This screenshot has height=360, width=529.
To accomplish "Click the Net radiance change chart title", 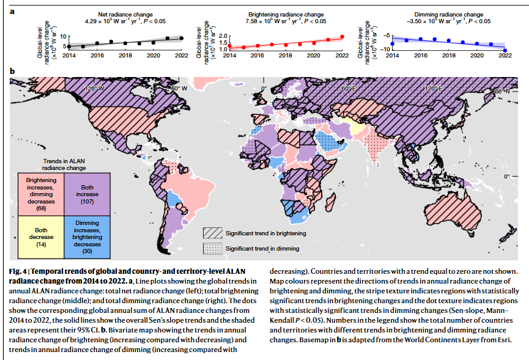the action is pyautogui.click(x=125, y=15).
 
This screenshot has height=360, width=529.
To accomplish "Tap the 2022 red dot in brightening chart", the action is pyautogui.click(x=342, y=37).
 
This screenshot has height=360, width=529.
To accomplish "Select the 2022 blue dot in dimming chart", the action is pyautogui.click(x=505, y=51).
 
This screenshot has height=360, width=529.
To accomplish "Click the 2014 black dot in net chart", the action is pyautogui.click(x=69, y=46).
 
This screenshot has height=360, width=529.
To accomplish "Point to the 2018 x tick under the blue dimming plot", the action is pyautogui.click(x=449, y=56).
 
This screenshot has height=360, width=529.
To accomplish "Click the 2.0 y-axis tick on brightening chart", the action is pyautogui.click(x=223, y=36).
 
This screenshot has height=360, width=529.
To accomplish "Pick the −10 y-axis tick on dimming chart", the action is pyautogui.click(x=385, y=50).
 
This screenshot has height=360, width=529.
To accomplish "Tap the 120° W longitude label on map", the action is pyautogui.click(x=94, y=88).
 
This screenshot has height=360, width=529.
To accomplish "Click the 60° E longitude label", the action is pyautogui.click(x=348, y=88).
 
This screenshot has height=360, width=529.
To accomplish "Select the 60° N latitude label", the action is pyautogui.click(x=502, y=91).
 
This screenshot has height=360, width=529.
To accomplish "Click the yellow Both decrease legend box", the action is pyautogui.click(x=41, y=237).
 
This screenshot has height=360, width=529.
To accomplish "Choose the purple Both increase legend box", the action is pyautogui.click(x=87, y=194).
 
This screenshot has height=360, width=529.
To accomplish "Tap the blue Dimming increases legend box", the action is pyautogui.click(x=87, y=237).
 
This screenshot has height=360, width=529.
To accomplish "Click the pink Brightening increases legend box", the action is pyautogui.click(x=41, y=194).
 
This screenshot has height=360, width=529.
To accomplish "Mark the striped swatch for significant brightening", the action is pyautogui.click(x=213, y=233).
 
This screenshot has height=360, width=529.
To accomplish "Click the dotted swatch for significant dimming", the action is pyautogui.click(x=213, y=248).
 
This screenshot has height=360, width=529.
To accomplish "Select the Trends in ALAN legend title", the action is pyautogui.click(x=64, y=164).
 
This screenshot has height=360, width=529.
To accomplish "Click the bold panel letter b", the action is pyautogui.click(x=12, y=71).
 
